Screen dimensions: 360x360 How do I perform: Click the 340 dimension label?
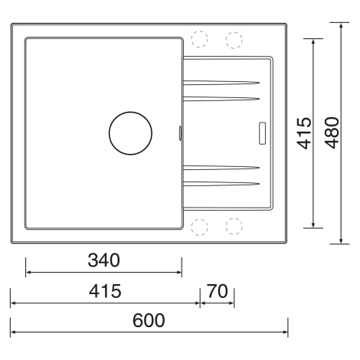pyautogui.click(x=103, y=260)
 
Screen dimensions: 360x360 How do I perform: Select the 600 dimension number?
pyautogui.click(x=149, y=320)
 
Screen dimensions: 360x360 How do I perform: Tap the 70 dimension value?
pyautogui.click(x=217, y=291)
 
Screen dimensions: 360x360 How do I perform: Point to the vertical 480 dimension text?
pyautogui.click(x=332, y=133)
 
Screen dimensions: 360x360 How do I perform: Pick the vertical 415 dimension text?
pyautogui.click(x=305, y=133)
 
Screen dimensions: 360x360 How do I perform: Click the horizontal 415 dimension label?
pyautogui.click(x=105, y=291)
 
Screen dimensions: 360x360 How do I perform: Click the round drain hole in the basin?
pyautogui.click(x=130, y=133)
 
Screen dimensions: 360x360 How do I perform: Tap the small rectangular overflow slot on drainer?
pyautogui.click(x=262, y=133)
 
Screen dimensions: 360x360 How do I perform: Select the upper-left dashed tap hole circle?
pyautogui.click(x=199, y=39)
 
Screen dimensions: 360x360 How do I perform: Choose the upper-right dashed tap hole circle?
pyautogui.click(x=234, y=40)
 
